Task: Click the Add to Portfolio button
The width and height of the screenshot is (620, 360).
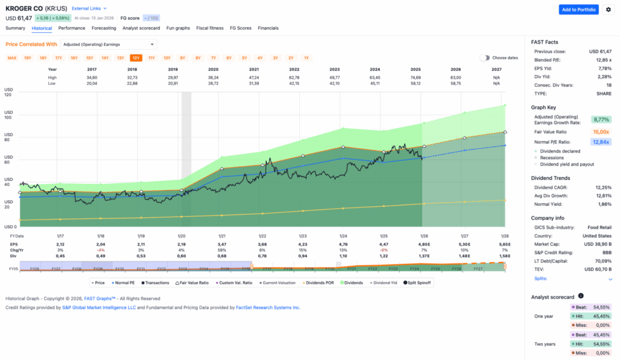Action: pos(578,9)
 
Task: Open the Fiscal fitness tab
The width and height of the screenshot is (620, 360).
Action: pos(209,28)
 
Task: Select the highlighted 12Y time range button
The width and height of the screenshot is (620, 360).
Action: pos(136,58)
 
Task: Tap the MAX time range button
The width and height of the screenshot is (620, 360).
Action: pos(12,58)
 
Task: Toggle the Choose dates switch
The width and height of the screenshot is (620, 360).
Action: pos(484,58)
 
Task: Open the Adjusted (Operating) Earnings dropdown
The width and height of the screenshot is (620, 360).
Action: pos(108,44)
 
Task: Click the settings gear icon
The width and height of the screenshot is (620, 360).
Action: pos(608,9)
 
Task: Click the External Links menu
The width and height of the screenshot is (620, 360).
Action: pos(89,8)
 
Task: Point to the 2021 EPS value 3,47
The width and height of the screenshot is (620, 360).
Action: pos(222,244)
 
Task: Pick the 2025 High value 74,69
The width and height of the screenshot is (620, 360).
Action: pos(415,77)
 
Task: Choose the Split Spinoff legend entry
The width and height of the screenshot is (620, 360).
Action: pos(417,283)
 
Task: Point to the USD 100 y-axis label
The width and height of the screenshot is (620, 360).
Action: pos(8,114)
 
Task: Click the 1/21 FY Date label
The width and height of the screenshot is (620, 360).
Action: pos(222,236)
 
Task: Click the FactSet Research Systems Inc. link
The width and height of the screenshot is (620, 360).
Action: pos(266,307)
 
